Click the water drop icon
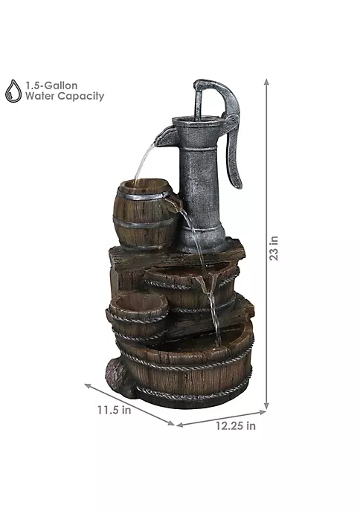tap(13, 91)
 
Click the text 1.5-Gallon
tap(52, 86)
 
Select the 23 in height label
tap(274, 248)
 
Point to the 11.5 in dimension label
tap(115, 410)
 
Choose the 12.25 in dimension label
tap(236, 426)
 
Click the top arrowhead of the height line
tap(266, 82)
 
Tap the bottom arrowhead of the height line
tap(266, 405)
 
